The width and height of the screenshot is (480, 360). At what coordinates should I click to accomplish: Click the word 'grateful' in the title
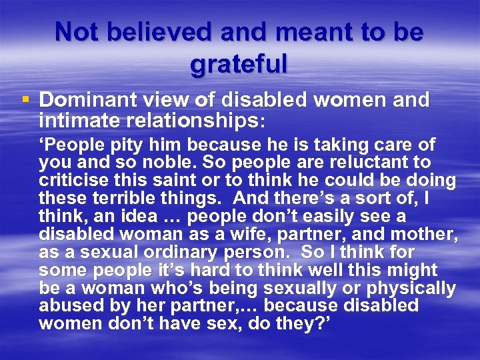[239, 65]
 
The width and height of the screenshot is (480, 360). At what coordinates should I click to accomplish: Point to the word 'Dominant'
[83, 101]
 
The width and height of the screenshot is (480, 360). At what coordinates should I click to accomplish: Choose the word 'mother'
[427, 234]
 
